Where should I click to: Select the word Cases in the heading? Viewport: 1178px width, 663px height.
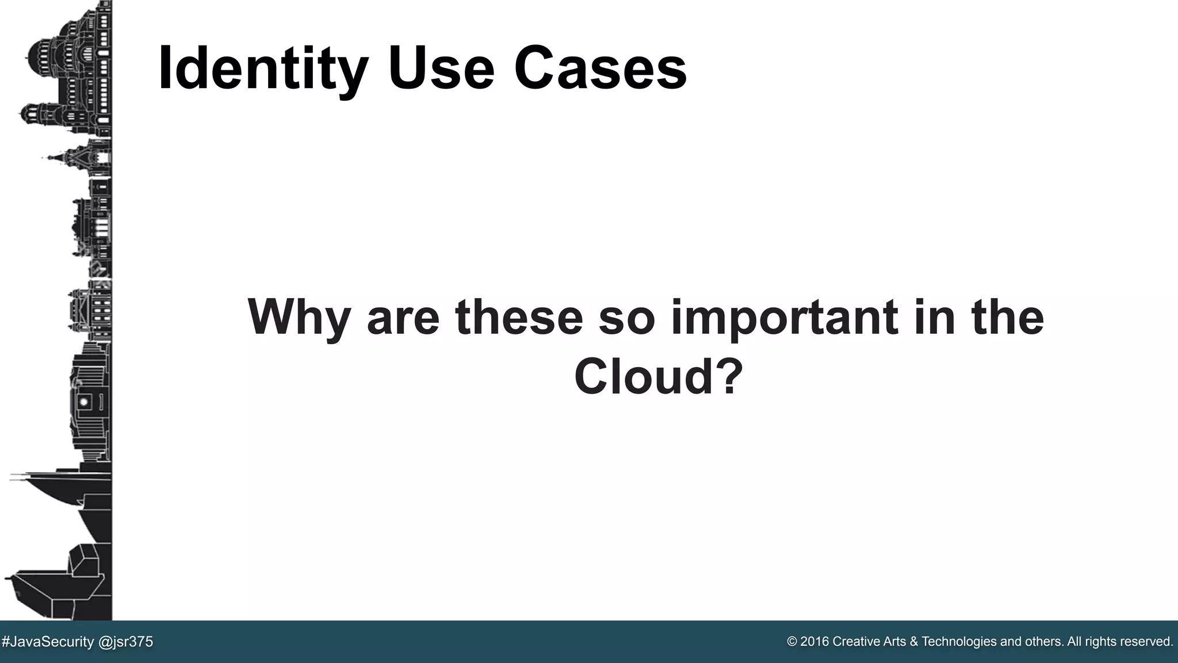click(x=600, y=69)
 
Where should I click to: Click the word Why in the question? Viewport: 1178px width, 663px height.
click(x=299, y=318)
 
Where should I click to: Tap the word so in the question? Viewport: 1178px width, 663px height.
click(x=627, y=318)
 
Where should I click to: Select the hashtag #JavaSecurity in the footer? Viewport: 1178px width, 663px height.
click(x=48, y=642)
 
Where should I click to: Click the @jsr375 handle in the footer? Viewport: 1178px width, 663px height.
click(x=126, y=642)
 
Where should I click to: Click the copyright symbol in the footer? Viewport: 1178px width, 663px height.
click(x=792, y=642)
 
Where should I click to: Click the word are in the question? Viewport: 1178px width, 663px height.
click(x=403, y=318)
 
